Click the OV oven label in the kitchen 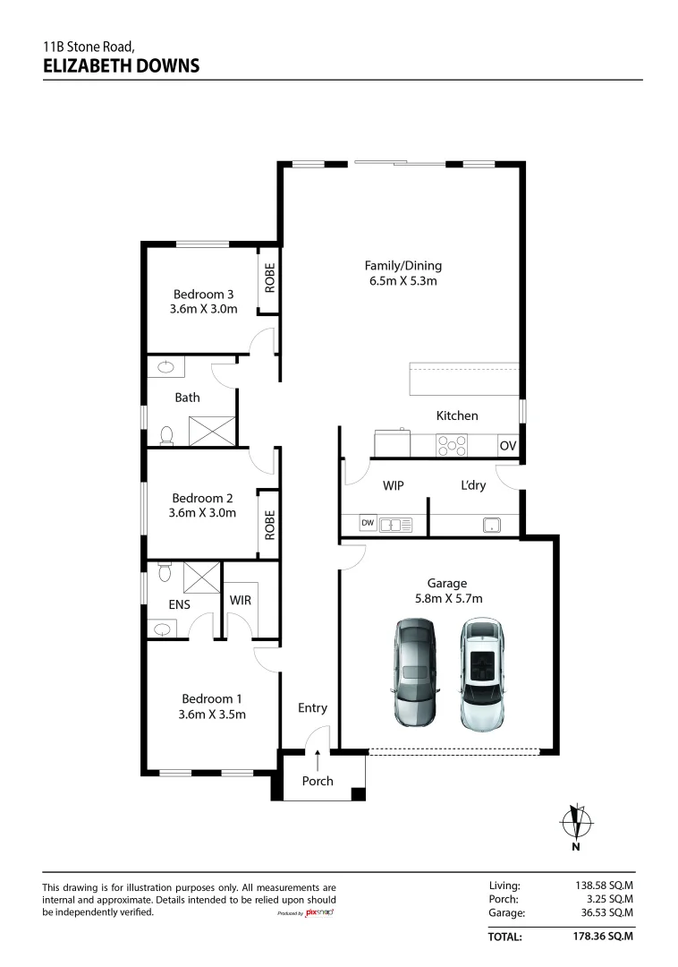(507, 445)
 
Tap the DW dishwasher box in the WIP (368, 523)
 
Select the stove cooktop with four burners (452, 445)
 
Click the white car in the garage (481, 675)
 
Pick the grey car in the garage (416, 672)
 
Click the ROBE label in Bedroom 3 (269, 278)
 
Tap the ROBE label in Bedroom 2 (269, 525)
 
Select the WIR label (241, 600)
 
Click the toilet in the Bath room (166, 435)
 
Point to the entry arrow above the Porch (318, 760)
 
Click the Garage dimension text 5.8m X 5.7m (449, 598)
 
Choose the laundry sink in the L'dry (491, 526)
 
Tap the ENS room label (179, 605)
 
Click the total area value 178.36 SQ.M (603, 937)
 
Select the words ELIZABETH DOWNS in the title (122, 66)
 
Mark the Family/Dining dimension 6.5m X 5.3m (403, 280)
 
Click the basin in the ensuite (162, 629)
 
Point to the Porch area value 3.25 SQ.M (610, 899)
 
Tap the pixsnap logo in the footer (319, 912)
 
